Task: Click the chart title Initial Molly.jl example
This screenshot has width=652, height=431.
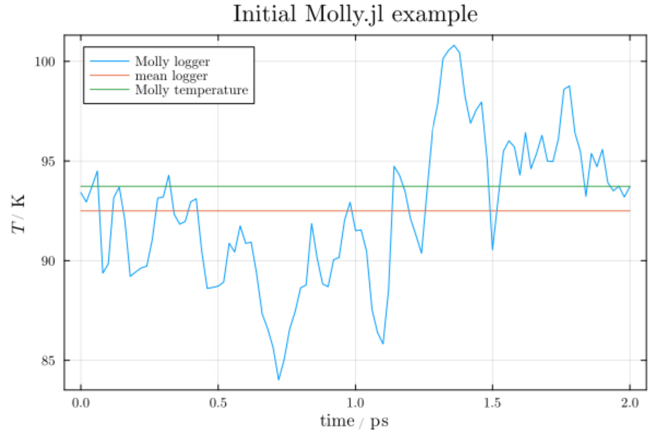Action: (355, 15)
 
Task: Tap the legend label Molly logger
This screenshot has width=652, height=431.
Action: (176, 62)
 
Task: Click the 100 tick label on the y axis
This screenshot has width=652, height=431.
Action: (47, 62)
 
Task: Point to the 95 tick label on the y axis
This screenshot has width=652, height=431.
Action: (50, 161)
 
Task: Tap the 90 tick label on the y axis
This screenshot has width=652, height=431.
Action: (50, 261)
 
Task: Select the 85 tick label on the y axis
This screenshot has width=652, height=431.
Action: (50, 361)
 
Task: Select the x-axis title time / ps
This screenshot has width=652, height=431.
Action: (354, 420)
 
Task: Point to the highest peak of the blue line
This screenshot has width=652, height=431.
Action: (454, 45)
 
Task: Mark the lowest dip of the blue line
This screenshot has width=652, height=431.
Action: (279, 380)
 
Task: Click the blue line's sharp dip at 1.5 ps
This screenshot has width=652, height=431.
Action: (492, 249)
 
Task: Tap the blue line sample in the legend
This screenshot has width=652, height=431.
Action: (110, 62)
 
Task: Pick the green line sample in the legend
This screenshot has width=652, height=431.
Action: (110, 90)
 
